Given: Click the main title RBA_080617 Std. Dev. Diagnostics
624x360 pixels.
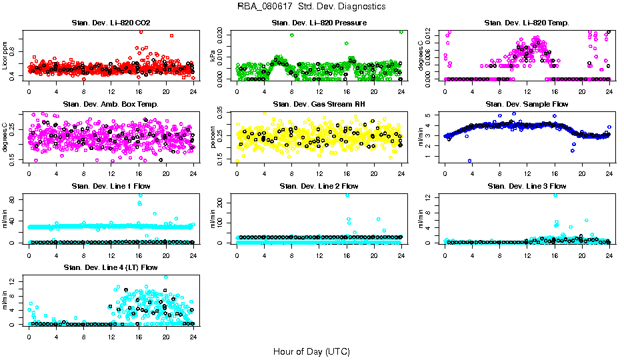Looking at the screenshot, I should click(x=311, y=7).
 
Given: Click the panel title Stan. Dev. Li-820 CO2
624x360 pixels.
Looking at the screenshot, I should click(x=111, y=23).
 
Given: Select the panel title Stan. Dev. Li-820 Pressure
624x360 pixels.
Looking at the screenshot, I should click(x=319, y=23).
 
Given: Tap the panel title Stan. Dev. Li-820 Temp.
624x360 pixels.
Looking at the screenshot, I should click(x=527, y=23).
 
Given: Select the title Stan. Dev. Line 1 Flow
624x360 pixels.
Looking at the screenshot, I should click(x=111, y=186).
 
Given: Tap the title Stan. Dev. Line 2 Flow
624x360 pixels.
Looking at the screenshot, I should click(x=319, y=186).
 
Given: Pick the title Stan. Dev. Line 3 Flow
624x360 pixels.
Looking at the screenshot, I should click(x=527, y=186).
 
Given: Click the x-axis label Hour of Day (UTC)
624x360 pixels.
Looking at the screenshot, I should click(x=311, y=351).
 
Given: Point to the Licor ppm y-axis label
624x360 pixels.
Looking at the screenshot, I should click(x=5, y=55).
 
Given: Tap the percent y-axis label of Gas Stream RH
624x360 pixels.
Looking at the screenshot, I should click(x=213, y=137).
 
